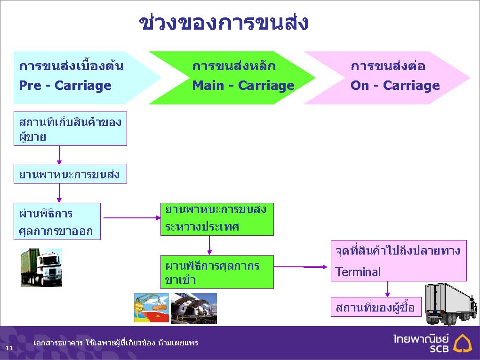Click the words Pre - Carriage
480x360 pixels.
tap(65, 85)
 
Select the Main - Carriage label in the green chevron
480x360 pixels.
tap(243, 85)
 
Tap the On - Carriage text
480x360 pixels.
tap(395, 85)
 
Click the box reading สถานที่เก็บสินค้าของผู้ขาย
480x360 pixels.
tap(70, 128)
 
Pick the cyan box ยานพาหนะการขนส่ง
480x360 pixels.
tap(70, 174)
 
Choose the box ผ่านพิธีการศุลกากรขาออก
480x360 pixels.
tap(57, 221)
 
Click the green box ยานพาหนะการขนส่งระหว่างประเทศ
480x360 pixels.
tap(217, 219)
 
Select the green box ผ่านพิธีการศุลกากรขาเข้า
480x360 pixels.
tap(217, 272)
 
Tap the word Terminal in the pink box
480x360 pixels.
tap(358, 272)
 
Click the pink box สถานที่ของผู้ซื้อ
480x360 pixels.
tap(376, 307)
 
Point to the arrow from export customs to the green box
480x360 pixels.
tap(132, 218)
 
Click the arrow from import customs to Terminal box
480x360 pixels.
tap(300, 267)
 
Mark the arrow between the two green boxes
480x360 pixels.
tap(209, 245)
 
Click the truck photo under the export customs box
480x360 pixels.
tap(41, 268)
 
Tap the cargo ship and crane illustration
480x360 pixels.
tap(152, 308)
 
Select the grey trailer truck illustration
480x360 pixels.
tap(451, 304)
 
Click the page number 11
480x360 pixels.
tap(9, 348)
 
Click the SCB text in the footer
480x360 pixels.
tap(439, 349)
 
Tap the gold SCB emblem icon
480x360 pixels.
tap(463, 343)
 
